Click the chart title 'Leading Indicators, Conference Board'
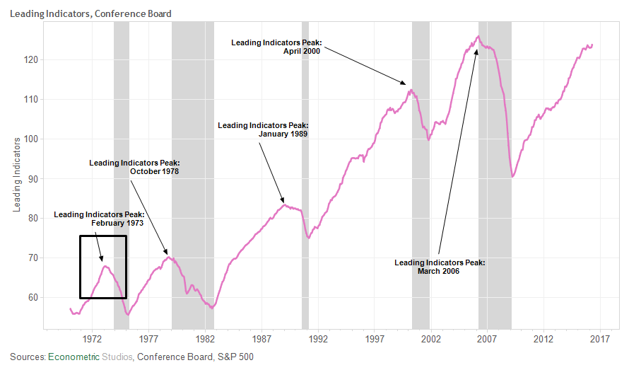[x=90, y=13]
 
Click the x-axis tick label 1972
[x=93, y=338]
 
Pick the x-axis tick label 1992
[x=318, y=338]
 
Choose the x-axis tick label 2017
[x=600, y=338]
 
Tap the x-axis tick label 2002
[x=431, y=338]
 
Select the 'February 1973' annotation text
[x=117, y=223]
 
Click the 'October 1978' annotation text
[x=154, y=172]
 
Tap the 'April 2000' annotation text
[x=297, y=52]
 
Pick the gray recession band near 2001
[x=421, y=177]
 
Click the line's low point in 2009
[x=512, y=177]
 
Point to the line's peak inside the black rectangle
[x=105, y=265]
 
